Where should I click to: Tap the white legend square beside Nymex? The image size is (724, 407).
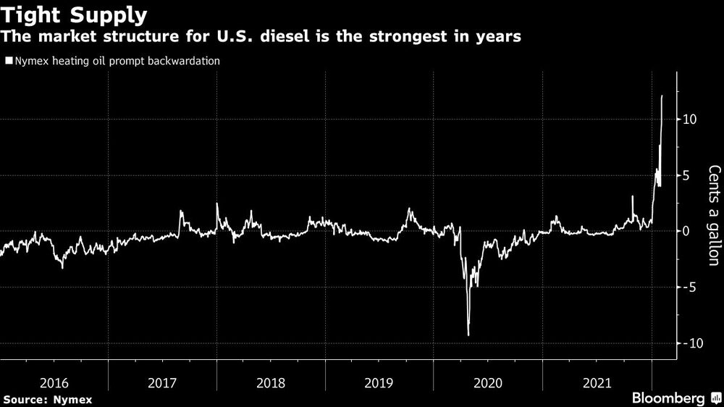pyautogui.click(x=9, y=61)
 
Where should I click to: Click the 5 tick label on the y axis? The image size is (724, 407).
pyautogui.click(x=689, y=175)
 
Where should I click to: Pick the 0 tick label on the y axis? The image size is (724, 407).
pyautogui.click(x=689, y=231)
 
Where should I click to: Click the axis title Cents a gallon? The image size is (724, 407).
pyautogui.click(x=714, y=215)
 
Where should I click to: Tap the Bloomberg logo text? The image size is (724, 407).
pyautogui.click(x=668, y=398)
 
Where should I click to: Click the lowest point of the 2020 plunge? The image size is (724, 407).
pyautogui.click(x=468, y=335)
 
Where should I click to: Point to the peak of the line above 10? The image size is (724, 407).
pyautogui.click(x=662, y=96)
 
